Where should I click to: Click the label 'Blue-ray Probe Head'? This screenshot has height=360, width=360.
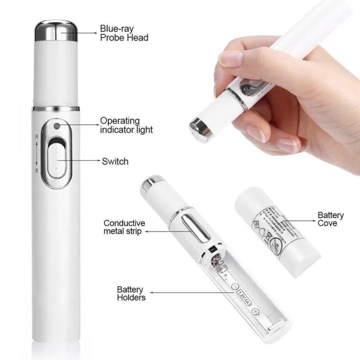click(124, 33)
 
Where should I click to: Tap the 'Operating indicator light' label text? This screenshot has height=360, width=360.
click(126, 125)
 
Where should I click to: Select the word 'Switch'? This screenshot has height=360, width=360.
click(115, 161)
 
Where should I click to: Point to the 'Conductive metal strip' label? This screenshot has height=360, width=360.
click(124, 227)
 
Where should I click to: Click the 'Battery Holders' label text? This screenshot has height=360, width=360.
click(131, 293)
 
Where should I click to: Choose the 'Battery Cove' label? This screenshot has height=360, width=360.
click(331, 219)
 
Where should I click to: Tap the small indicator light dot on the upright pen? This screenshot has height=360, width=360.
click(58, 126)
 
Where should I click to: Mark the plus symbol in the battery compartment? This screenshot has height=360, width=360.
click(256, 311)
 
